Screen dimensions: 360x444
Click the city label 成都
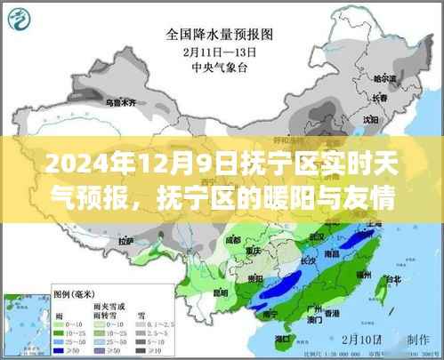[235, 238]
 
